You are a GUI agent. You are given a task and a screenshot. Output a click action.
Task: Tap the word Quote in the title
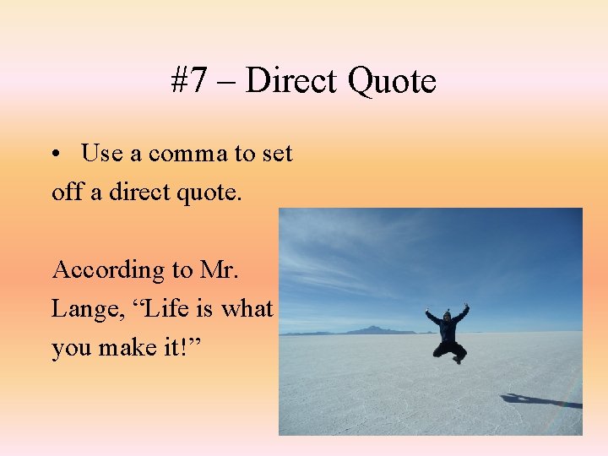point(392,81)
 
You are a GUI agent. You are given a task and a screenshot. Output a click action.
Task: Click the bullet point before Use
point(55,155)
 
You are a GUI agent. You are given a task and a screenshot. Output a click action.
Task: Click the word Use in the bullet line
point(101,154)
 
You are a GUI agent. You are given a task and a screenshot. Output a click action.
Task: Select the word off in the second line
point(67,192)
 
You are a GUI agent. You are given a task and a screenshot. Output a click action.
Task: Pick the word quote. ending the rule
point(211,193)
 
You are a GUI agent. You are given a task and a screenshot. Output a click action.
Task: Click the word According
point(99,270)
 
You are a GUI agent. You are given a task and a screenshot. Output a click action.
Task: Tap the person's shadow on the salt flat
point(540,400)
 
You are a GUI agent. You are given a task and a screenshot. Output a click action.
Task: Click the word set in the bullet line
point(276,155)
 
